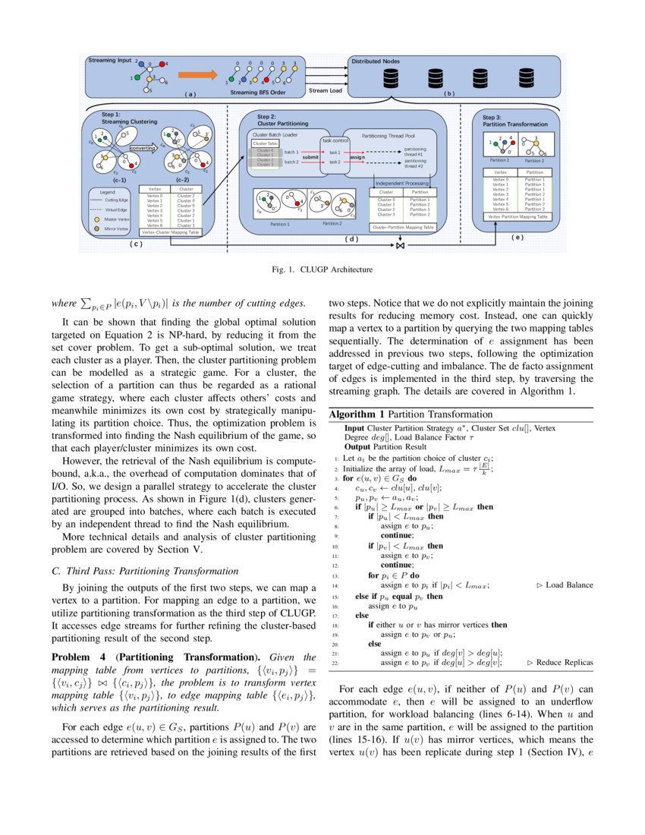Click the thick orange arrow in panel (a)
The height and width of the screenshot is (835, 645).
[196, 75]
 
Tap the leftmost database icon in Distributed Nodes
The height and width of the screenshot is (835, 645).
[392, 77]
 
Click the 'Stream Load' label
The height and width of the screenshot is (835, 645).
[325, 90]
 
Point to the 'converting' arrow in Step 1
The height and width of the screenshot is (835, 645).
[144, 148]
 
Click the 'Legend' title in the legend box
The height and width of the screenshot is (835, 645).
[97, 192]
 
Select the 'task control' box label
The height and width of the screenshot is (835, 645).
[335, 140]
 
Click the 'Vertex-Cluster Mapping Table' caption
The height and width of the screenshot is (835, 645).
[171, 232]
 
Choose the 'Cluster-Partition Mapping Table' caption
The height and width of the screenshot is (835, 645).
[403, 226]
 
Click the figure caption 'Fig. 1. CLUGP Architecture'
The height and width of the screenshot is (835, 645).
[322, 268]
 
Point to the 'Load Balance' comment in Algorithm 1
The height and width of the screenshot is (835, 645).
[565, 585]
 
